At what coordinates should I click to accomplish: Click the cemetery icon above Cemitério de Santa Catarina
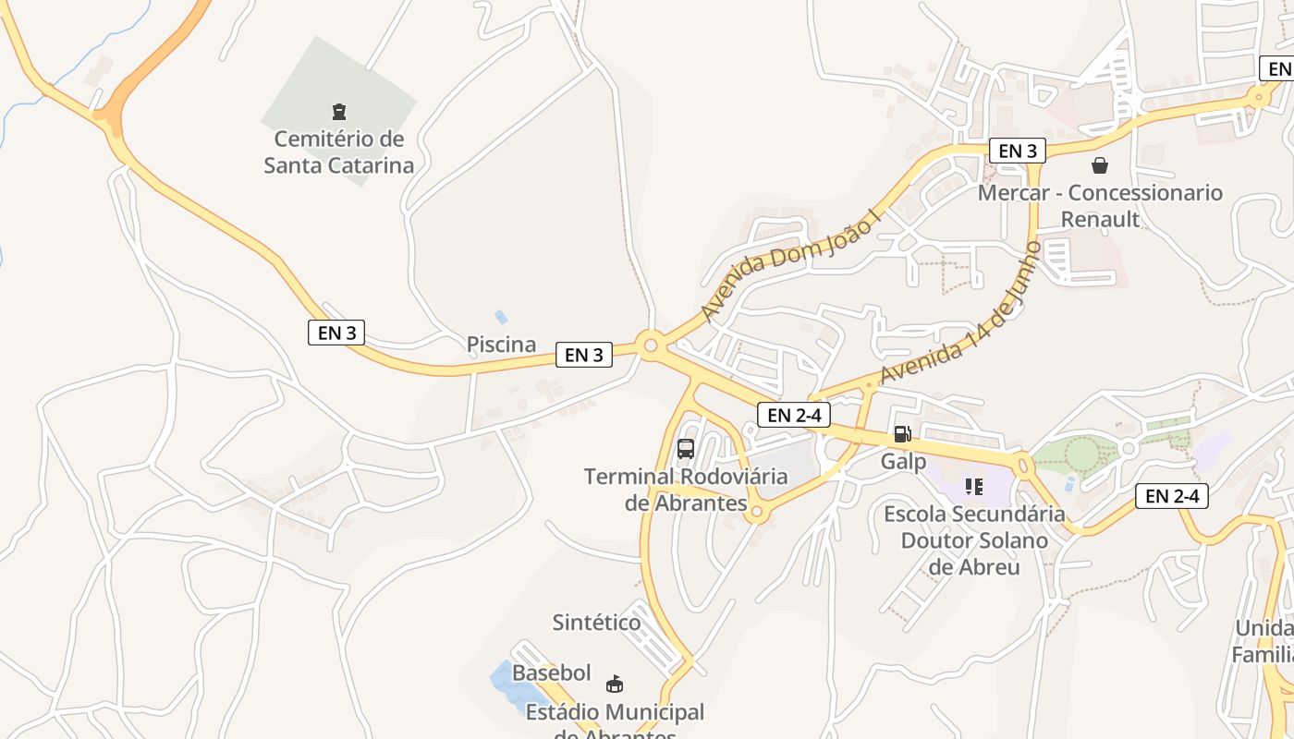339,112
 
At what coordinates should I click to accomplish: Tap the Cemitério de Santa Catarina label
339,152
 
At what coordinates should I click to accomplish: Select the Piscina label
501,345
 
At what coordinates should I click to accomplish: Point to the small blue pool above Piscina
501,317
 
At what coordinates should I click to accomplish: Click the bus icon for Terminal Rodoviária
686,449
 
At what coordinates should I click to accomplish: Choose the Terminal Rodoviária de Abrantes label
686,490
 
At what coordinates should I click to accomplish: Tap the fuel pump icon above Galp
903,433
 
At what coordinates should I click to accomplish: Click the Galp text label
903,461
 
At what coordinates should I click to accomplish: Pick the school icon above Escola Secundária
973,485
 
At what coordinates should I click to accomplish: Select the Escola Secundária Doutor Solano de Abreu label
974,539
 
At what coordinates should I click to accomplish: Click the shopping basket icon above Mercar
1100,165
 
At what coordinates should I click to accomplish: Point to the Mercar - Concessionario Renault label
1100,206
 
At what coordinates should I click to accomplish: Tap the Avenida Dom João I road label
792,266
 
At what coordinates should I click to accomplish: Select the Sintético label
596,623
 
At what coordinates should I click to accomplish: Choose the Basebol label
552,672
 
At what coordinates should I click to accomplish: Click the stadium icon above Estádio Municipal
614,684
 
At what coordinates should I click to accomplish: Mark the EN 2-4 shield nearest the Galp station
793,415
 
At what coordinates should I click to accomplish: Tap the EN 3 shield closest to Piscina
584,355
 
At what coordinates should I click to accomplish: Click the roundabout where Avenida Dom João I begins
650,346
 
